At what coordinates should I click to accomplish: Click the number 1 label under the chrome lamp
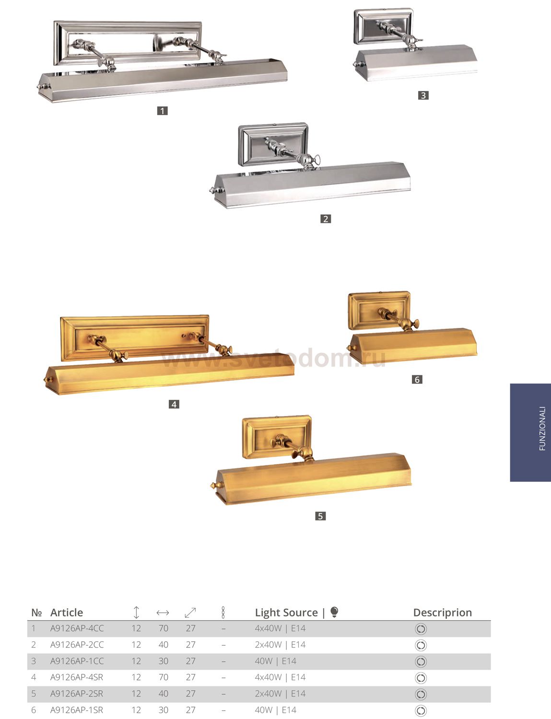(162, 111)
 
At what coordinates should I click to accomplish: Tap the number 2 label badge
(326, 219)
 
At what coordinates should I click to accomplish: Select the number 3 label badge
(423, 95)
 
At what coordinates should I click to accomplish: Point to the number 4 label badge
(174, 404)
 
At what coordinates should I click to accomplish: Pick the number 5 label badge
(320, 516)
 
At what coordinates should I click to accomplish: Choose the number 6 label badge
(417, 380)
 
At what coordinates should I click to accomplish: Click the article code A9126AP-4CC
(77, 628)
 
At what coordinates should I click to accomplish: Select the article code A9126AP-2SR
(77, 694)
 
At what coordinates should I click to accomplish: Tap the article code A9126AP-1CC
(77, 661)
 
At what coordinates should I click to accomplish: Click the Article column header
(67, 613)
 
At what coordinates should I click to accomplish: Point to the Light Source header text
(286, 613)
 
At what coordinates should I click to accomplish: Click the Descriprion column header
(443, 613)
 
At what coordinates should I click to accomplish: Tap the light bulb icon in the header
(334, 612)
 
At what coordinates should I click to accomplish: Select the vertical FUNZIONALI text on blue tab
(542, 429)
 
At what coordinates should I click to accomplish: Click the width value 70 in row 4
(164, 677)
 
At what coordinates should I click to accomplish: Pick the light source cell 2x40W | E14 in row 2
(280, 645)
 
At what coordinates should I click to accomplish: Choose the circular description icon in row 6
(421, 710)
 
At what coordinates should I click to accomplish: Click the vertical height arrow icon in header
(136, 613)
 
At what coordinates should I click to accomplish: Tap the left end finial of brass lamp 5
(213, 486)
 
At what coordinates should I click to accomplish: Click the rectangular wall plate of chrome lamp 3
(383, 26)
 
